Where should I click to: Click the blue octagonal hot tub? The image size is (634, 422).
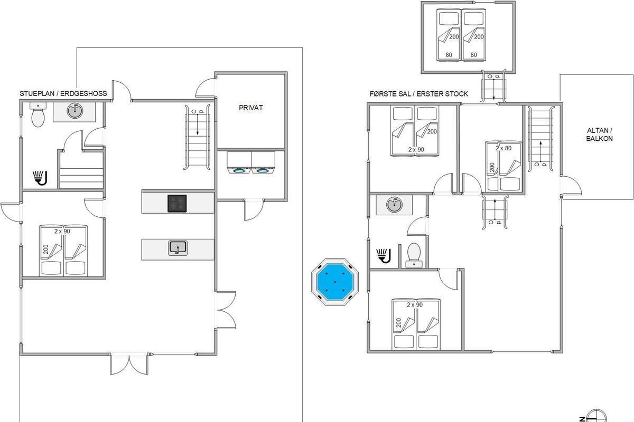pyautogui.click(x=335, y=282)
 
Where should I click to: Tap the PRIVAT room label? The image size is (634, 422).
pyautogui.click(x=251, y=108)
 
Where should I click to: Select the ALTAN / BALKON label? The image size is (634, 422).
pyautogui.click(x=600, y=135)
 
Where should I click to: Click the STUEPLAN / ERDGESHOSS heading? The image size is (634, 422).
pyautogui.click(x=63, y=93)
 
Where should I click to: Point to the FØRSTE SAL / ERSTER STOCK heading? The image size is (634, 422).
pyautogui.click(x=419, y=94)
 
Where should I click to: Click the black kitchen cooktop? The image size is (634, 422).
pyautogui.click(x=177, y=203)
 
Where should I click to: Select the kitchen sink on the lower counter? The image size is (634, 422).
pyautogui.click(x=178, y=248)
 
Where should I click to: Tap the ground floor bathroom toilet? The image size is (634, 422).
pyautogui.click(x=38, y=114)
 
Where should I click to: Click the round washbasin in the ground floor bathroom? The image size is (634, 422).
pyautogui.click(x=75, y=111)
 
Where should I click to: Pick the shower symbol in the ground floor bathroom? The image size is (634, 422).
pyautogui.click(x=40, y=178)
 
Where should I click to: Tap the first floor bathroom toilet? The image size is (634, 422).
pyautogui.click(x=414, y=255)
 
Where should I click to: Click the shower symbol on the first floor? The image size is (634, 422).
pyautogui.click(x=384, y=256)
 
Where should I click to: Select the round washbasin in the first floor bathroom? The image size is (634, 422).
pyautogui.click(x=395, y=205)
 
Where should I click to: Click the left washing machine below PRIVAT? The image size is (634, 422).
pyautogui.click(x=239, y=162)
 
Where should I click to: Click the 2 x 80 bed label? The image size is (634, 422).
pyautogui.click(x=504, y=148)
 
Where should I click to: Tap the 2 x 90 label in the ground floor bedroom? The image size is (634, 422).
pyautogui.click(x=62, y=231)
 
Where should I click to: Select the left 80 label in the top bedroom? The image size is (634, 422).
pyautogui.click(x=449, y=55)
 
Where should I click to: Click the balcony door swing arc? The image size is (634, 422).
pyautogui.click(x=575, y=183)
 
